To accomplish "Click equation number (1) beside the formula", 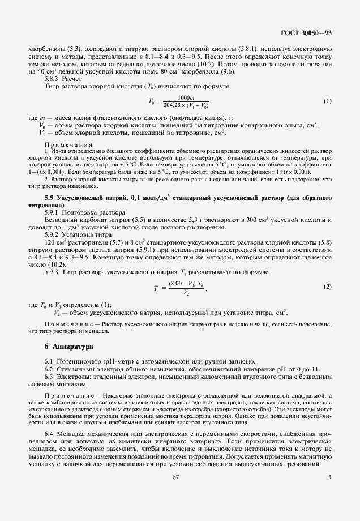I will click(x=327, y=101).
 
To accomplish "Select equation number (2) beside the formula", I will click(x=327, y=288).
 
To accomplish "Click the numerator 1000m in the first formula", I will click(x=186, y=97).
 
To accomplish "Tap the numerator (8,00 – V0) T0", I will click(x=185, y=284).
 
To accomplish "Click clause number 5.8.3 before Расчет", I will click(x=53, y=79).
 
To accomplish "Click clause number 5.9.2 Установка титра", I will click(x=53, y=233).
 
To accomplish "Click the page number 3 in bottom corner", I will click(x=329, y=493).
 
